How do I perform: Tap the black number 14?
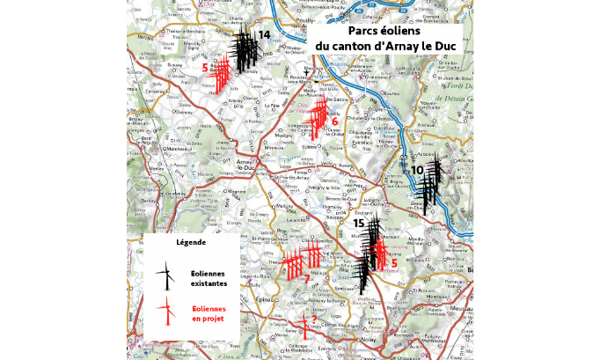click(x=263, y=34)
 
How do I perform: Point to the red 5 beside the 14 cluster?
click(x=205, y=67)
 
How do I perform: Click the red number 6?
click(x=334, y=121)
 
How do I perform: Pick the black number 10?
click(x=418, y=169)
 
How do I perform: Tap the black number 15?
click(x=358, y=224)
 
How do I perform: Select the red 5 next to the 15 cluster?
click(x=394, y=262)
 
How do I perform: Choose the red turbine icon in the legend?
click(x=164, y=312)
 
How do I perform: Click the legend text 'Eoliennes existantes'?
click(x=209, y=279)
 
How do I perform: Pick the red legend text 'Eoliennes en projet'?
click(x=209, y=313)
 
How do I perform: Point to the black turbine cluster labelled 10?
click(x=428, y=189)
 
